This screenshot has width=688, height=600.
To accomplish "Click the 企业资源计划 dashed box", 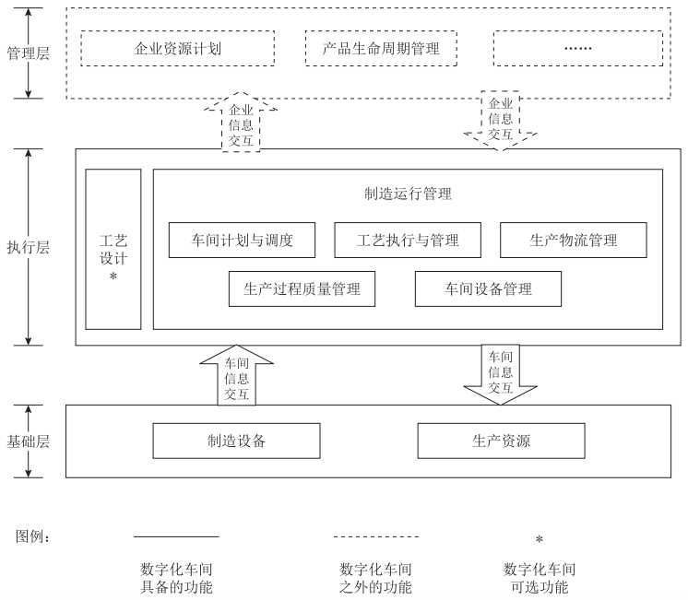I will [x=177, y=49].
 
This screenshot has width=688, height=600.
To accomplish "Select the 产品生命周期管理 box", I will [x=381, y=49].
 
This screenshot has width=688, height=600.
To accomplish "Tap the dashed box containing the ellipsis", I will [x=576, y=49].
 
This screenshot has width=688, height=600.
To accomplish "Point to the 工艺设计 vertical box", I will [x=113, y=249].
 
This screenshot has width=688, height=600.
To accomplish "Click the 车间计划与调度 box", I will [x=242, y=241].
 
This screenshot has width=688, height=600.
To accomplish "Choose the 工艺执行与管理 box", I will [x=408, y=241].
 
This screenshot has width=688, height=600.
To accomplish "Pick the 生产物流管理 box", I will [x=573, y=241].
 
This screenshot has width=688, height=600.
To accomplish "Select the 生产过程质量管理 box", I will [x=302, y=288].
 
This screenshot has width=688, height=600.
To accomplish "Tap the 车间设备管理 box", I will [x=487, y=288].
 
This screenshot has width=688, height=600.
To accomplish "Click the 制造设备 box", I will [x=236, y=441].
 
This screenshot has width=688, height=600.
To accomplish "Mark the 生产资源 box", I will [x=501, y=441].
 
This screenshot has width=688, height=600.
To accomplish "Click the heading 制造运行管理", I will [x=408, y=194].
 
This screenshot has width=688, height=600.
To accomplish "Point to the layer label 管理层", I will [x=28, y=53].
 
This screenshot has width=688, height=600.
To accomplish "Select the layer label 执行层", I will [x=28, y=247].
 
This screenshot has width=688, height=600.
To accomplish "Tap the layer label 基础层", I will [x=28, y=441].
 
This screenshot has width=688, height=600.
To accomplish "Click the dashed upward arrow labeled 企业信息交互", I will [x=240, y=122].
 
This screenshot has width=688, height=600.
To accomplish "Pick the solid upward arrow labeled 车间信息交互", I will [x=236, y=376].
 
